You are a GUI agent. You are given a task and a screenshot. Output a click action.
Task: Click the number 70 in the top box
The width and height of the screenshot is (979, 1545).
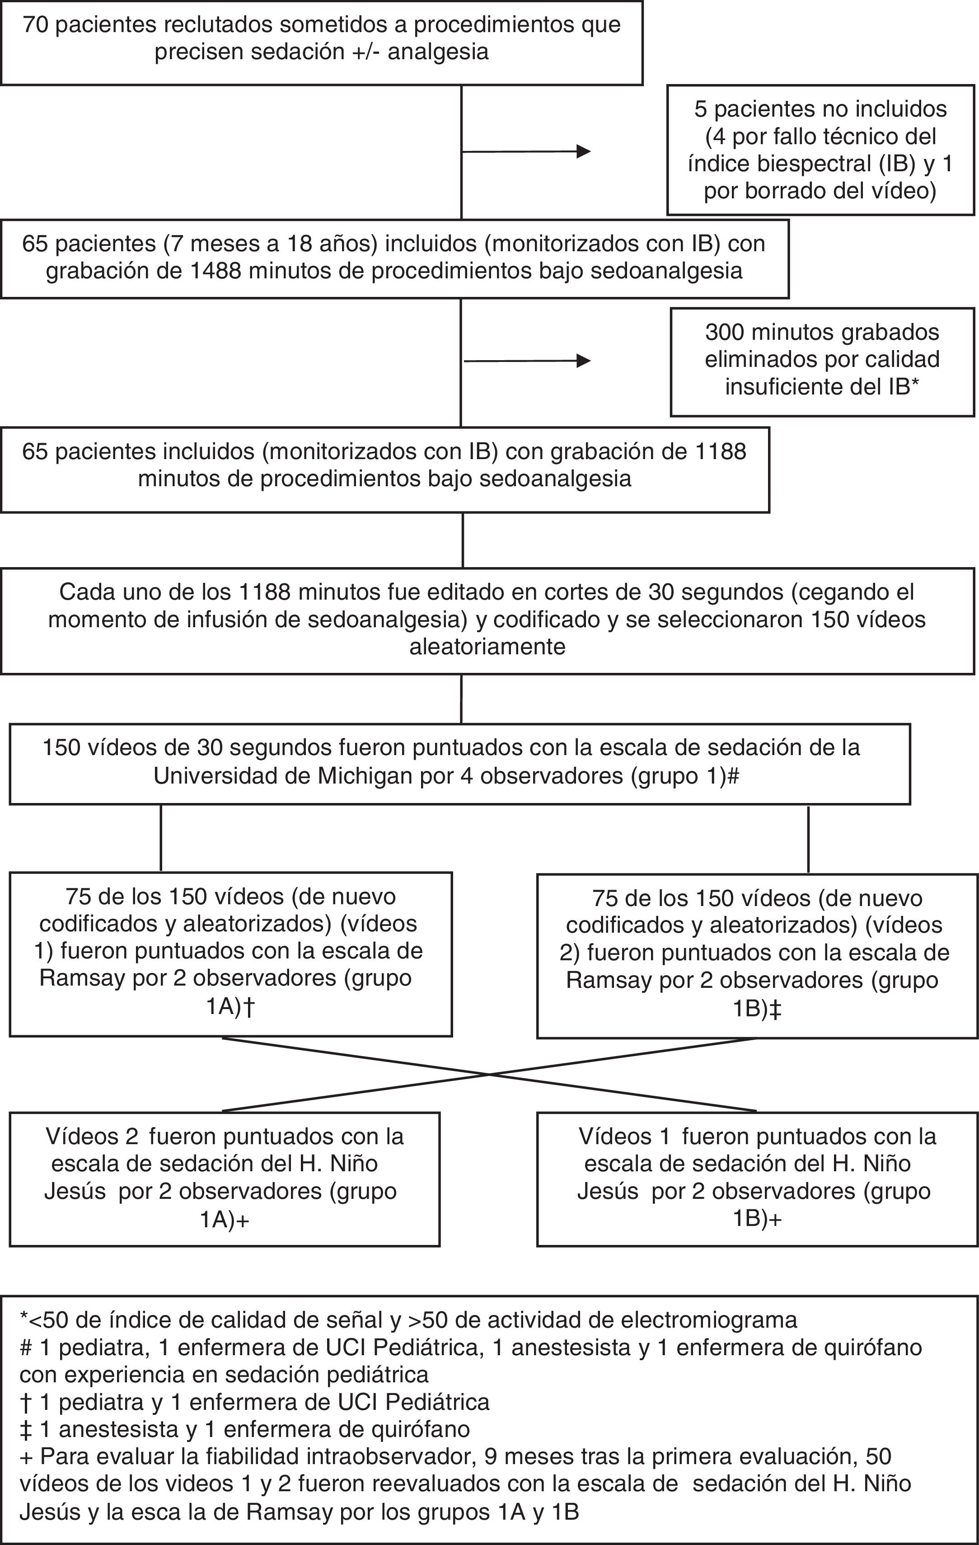tap(35, 24)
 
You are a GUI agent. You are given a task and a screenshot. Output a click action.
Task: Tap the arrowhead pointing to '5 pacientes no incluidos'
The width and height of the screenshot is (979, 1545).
tap(583, 151)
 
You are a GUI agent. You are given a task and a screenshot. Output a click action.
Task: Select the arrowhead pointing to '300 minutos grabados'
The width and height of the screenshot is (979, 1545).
tap(583, 361)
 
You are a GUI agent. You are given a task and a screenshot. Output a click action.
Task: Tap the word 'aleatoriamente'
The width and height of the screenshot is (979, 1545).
tap(487, 646)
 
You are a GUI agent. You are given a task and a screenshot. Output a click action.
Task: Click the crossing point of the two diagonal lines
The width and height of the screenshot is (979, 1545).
tap(489, 1074)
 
